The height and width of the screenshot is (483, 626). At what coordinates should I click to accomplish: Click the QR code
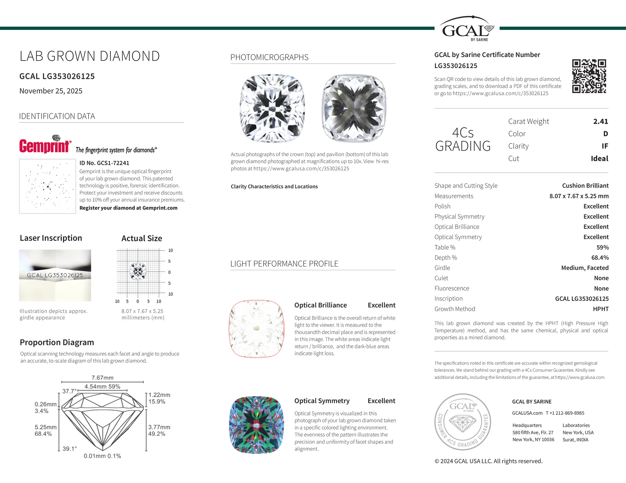tap(589, 76)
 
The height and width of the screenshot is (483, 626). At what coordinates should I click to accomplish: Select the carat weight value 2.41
tap(600, 122)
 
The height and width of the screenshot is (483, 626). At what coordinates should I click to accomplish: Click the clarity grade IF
tap(604, 146)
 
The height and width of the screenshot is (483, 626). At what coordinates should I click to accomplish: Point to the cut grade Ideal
tap(599, 159)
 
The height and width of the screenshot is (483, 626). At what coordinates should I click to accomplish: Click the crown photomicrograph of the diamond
tap(272, 108)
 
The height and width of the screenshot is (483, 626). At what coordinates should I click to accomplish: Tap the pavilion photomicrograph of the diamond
tap(354, 108)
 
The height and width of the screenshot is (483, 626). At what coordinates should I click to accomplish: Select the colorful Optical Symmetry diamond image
tap(257, 425)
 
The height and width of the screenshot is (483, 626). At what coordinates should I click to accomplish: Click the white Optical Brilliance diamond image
tap(257, 329)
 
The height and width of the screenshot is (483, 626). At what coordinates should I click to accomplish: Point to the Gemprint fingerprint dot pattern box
tap(47, 186)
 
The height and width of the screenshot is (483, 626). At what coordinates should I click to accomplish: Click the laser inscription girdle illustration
tap(55, 275)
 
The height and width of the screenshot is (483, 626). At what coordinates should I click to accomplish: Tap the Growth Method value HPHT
tap(600, 309)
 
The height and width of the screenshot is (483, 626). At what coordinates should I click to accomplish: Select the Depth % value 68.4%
tap(600, 258)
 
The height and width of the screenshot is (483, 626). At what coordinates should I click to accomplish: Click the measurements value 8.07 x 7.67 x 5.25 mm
tap(579, 196)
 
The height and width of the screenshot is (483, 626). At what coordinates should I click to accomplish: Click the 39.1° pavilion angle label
tap(70, 449)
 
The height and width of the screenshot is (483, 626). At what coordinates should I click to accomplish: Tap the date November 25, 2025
tap(51, 91)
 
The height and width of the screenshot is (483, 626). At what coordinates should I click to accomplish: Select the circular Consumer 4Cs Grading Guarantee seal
tap(462, 422)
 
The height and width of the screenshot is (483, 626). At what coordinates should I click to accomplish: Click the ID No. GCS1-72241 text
tap(104, 163)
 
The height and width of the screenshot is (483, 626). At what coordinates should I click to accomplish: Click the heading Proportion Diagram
tap(57, 342)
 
